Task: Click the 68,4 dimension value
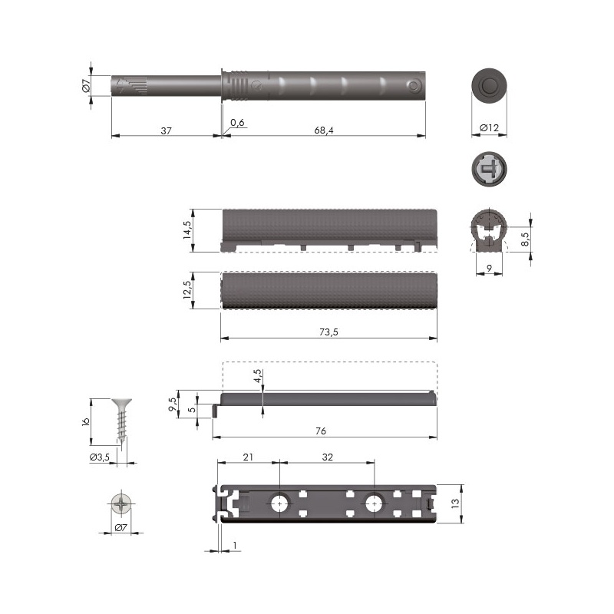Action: coord(324,130)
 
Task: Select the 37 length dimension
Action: coord(166,130)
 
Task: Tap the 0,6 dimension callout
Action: coord(237,123)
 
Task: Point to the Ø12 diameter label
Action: coord(490,127)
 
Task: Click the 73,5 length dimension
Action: coord(328,332)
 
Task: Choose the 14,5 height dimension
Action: coord(187,230)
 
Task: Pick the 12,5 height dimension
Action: coord(187,290)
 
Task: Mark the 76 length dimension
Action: coord(321,431)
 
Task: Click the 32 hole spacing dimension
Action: coord(328,457)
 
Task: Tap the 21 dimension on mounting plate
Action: coord(248,457)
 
